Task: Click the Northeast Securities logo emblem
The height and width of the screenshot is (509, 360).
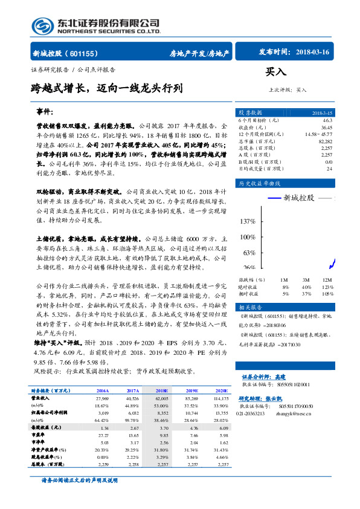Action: point(43,26)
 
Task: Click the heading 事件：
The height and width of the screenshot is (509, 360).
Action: point(45,112)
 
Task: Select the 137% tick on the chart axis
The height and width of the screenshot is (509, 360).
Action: point(248,221)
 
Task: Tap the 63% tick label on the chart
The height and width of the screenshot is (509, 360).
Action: point(249,252)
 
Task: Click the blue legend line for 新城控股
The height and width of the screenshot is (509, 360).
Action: point(280,198)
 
